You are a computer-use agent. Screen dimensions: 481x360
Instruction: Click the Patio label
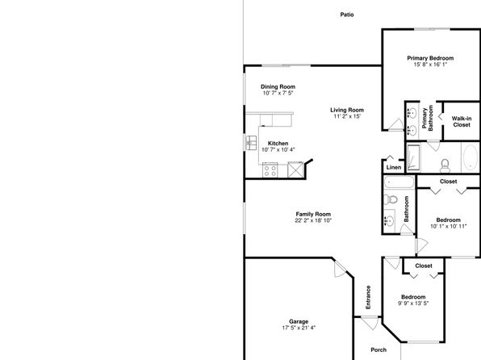[347, 15]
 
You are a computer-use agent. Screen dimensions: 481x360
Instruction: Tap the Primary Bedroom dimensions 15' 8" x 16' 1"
[430, 65]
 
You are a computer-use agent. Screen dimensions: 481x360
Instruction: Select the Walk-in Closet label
[462, 122]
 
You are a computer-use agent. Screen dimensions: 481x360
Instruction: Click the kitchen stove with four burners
[270, 170]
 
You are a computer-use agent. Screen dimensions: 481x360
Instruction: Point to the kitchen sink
[251, 143]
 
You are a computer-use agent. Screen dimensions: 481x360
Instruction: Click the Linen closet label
[394, 168]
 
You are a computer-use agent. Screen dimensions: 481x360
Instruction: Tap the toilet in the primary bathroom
[445, 165]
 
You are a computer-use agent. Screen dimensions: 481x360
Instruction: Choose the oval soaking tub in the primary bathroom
[470, 157]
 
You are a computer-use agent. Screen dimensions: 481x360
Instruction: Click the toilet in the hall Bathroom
[390, 199]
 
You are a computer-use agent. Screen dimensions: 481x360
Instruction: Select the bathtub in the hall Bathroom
[399, 182]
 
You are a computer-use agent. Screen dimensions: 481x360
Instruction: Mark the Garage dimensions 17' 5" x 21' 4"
[299, 328]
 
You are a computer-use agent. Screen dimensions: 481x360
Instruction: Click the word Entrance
[368, 297]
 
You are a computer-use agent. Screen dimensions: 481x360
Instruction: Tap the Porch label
[379, 350]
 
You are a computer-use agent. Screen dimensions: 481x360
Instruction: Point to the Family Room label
[313, 214]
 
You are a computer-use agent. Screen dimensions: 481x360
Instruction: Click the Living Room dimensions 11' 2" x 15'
[347, 116]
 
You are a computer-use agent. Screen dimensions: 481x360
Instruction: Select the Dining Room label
[278, 87]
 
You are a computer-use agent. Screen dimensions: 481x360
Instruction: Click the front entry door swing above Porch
[369, 323]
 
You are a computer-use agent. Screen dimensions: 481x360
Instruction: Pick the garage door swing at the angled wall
[340, 269]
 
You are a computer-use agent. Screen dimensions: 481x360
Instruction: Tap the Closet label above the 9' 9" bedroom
[424, 266]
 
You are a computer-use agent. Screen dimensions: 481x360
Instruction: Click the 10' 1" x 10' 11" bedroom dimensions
[449, 227]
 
